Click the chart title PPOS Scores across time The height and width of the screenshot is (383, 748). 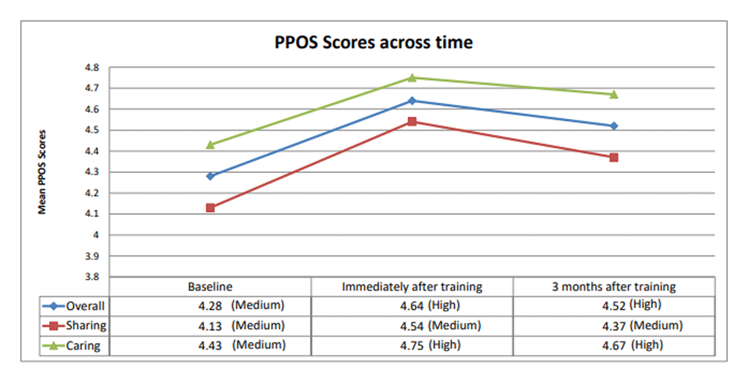pyautogui.click(x=373, y=43)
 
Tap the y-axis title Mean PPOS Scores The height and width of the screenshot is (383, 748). pyautogui.click(x=42, y=172)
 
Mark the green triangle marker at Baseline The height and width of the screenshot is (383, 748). pyautogui.click(x=211, y=144)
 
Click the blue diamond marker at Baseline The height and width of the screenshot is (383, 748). pyautogui.click(x=211, y=176)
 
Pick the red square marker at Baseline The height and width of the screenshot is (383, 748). pyautogui.click(x=211, y=207)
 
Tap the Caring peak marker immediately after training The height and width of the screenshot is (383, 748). pyautogui.click(x=412, y=77)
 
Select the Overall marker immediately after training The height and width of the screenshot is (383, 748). pyautogui.click(x=412, y=100)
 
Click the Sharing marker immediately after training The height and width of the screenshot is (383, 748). pyautogui.click(x=412, y=121)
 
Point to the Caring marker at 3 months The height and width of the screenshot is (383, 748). pyautogui.click(x=614, y=94)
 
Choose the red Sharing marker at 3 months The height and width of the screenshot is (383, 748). pyautogui.click(x=614, y=158)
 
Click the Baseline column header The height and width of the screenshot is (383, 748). pyautogui.click(x=210, y=287)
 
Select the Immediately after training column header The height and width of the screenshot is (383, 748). pyautogui.click(x=412, y=287)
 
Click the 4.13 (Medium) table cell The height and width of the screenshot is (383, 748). pyautogui.click(x=238, y=325)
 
